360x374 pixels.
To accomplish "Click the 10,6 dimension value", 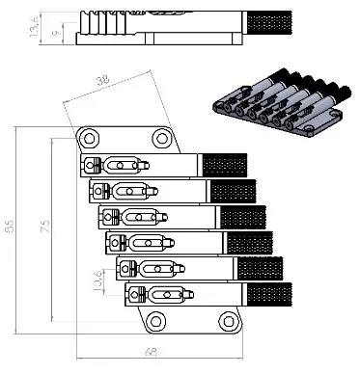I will coord(97,282).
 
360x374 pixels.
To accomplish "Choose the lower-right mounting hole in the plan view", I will coord(228,321).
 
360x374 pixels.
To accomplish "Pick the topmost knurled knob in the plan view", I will coord(221,165).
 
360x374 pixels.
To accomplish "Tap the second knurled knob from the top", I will coord(232,190).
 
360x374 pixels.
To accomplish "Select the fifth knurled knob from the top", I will coord(260,268).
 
